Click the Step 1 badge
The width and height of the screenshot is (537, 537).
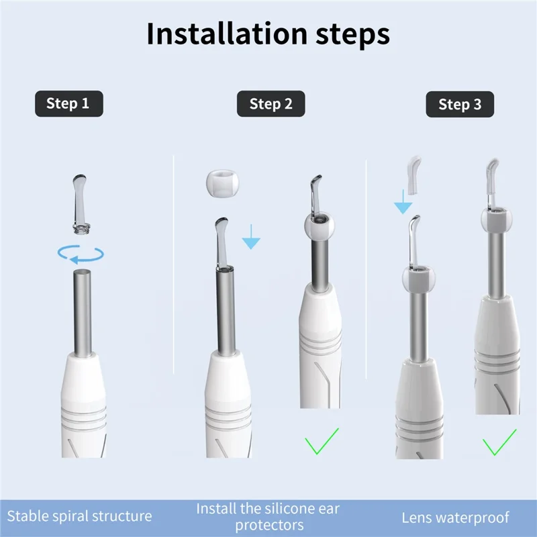coord(68,103)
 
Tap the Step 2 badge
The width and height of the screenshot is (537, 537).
coord(271,104)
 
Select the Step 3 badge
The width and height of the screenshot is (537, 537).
coord(460,104)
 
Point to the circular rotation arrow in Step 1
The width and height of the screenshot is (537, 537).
coord(81,254)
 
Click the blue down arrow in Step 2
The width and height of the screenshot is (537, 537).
coord(250,237)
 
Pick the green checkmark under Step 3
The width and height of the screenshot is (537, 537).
coord(499,445)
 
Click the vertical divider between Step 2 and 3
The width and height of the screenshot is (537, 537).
coord(365,268)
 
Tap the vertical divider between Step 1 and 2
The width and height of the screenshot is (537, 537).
coord(174,268)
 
